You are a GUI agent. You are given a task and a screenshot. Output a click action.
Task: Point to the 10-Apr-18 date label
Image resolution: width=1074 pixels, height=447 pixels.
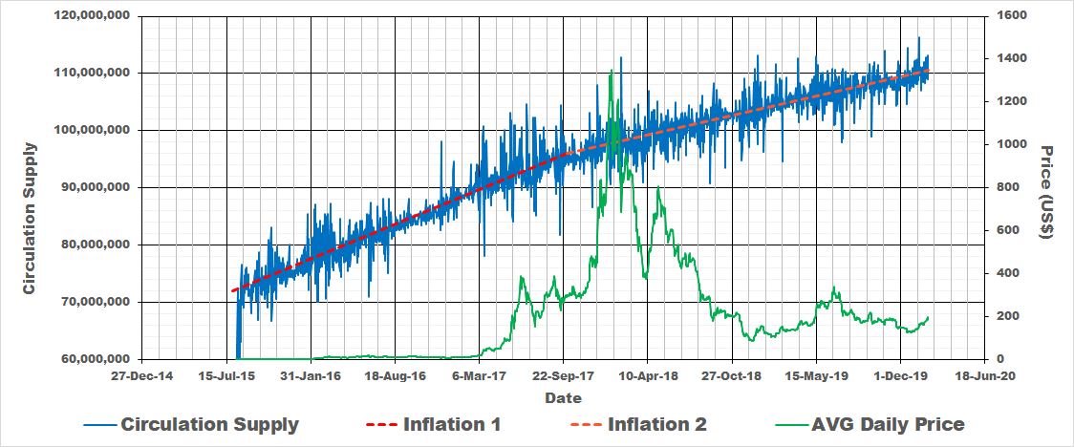[648, 376]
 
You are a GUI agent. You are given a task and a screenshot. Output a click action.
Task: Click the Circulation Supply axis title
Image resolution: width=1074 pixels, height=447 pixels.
[30, 218]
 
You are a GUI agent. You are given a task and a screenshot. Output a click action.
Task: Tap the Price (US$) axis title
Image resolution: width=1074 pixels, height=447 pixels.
[1045, 192]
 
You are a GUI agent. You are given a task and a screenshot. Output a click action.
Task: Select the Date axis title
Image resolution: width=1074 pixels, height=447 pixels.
[563, 397]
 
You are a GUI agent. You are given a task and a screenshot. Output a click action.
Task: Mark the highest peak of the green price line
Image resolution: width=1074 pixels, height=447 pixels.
[611, 71]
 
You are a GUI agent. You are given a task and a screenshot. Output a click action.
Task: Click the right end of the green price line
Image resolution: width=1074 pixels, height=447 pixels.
[928, 318]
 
